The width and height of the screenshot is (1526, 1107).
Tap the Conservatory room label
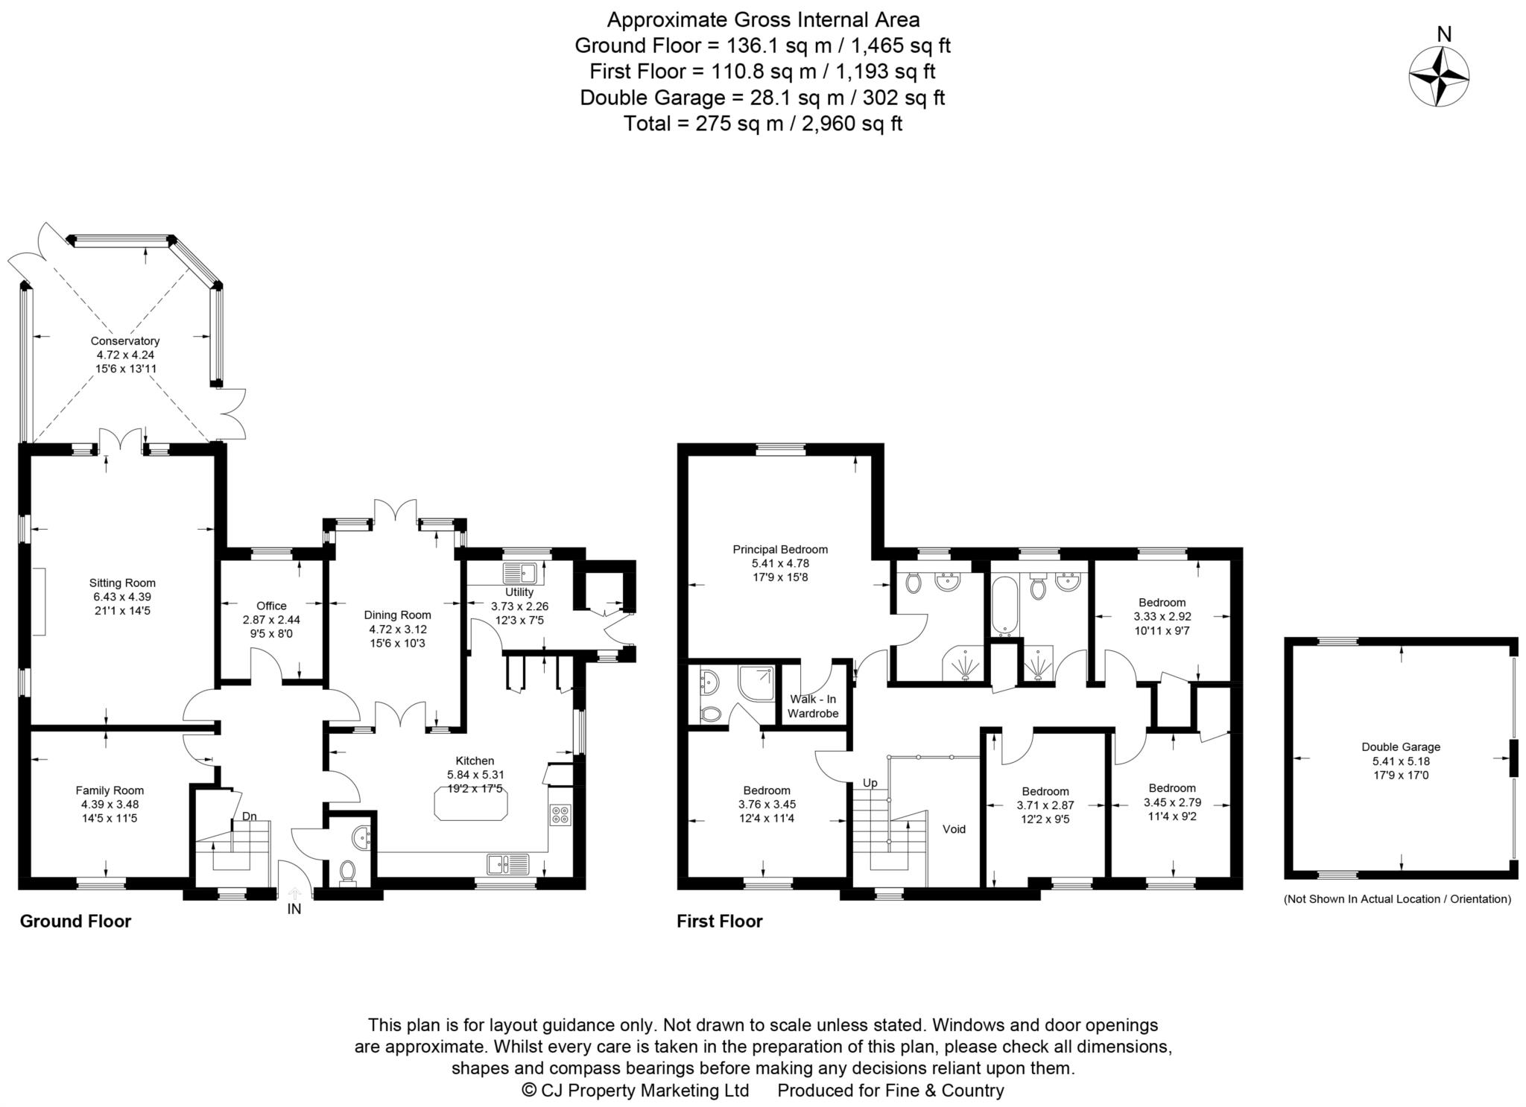(x=125, y=341)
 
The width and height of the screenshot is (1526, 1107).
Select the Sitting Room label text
(x=122, y=583)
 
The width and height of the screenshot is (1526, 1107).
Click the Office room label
(x=271, y=606)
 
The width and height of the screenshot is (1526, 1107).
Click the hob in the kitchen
(x=560, y=815)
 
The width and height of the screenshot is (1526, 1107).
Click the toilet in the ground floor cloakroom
(x=347, y=872)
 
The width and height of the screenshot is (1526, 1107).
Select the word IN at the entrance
(x=294, y=909)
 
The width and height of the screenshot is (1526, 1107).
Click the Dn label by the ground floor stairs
(x=249, y=816)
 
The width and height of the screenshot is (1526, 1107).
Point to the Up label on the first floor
(x=870, y=783)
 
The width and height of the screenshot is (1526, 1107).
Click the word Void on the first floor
(x=954, y=829)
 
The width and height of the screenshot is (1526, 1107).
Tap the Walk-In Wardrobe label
(x=813, y=706)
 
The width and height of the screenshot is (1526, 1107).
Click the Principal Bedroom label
(x=780, y=550)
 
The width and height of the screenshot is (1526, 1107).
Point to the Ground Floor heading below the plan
(x=75, y=922)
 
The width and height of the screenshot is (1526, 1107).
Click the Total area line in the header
(x=762, y=124)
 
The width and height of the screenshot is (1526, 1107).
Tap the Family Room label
(x=110, y=790)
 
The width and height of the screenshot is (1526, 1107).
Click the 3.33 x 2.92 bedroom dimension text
(x=1162, y=617)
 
